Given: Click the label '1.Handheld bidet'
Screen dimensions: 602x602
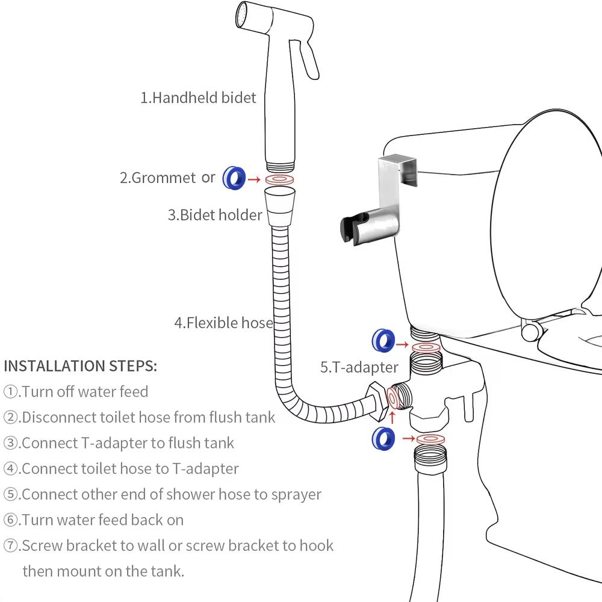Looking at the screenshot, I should [198, 98].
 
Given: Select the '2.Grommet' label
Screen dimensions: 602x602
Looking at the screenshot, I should [158, 178].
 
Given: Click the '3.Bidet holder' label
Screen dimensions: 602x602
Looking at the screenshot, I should [215, 215].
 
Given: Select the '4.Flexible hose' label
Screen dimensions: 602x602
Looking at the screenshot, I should [223, 323].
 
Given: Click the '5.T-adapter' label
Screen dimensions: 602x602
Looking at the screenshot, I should [359, 367].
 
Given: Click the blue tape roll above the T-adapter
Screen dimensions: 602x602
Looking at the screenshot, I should [382, 340].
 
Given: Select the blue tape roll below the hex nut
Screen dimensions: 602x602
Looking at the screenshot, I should [383, 438].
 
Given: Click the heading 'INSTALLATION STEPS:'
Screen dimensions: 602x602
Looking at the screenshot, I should [81, 365].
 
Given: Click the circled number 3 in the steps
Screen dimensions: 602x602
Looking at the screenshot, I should [12, 443].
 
